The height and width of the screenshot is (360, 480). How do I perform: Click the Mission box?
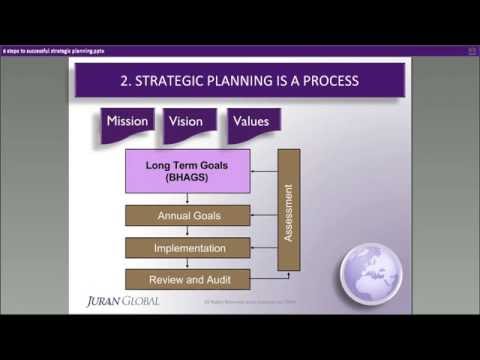[127, 122]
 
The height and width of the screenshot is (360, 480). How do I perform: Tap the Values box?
[250, 122]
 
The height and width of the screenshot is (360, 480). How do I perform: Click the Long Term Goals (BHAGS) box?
[187, 171]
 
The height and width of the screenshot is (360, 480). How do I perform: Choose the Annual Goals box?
[187, 215]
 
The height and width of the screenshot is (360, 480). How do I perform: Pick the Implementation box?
[187, 247]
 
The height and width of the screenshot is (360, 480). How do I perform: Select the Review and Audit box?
[187, 279]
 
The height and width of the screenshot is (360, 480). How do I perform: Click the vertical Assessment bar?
[289, 210]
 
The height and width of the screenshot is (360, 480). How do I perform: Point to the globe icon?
[371, 270]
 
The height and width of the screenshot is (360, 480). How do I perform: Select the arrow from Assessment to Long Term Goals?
[263, 171]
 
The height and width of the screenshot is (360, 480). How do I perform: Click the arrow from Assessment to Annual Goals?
[263, 215]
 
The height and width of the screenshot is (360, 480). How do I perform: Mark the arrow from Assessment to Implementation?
[263, 247]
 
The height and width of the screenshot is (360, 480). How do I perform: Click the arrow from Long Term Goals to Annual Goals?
[187, 199]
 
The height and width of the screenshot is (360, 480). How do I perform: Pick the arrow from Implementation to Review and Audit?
[187, 263]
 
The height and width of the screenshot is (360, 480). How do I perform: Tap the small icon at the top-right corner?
[469, 49]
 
